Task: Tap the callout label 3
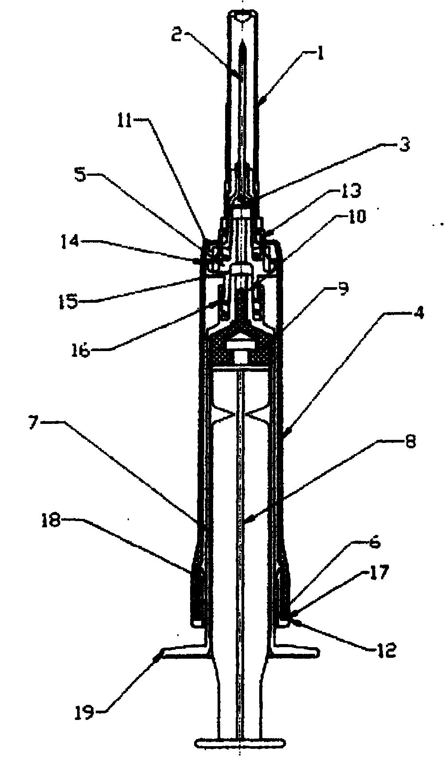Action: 404,145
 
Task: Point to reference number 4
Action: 418,313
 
